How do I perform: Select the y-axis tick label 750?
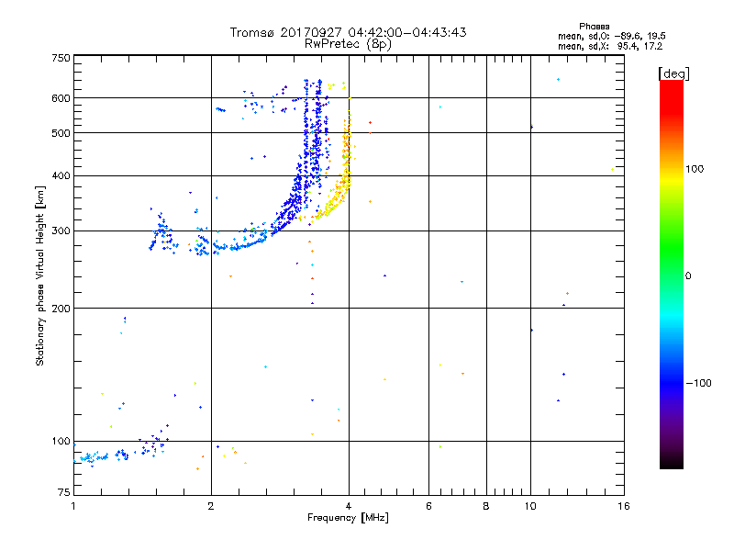click(61, 58)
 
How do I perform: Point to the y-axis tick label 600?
click(61, 98)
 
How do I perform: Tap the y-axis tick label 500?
click(61, 133)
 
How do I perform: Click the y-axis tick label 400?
click(61, 176)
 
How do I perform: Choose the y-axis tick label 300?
click(61, 231)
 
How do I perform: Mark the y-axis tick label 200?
click(61, 309)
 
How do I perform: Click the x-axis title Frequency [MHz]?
click(348, 519)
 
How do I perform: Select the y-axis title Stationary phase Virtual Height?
click(40, 276)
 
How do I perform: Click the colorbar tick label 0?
click(688, 275)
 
